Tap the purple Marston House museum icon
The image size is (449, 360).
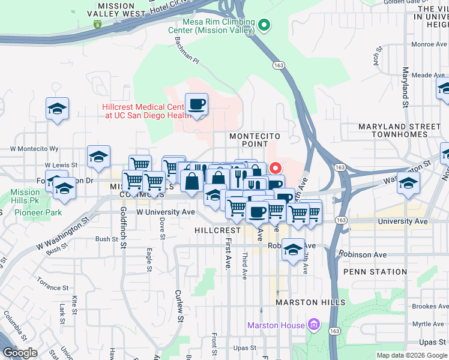pyautogui.click(x=312, y=325)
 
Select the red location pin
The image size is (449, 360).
pyautogui.click(x=276, y=169)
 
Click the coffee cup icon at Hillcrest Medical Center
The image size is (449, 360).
pyautogui.click(x=196, y=105)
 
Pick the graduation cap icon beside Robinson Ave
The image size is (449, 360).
pyautogui.click(x=293, y=250)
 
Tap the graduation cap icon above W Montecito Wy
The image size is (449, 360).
pyautogui.click(x=98, y=157)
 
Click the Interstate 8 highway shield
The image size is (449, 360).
pyautogui.click(x=97, y=24)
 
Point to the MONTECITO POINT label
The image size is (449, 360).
pyautogui.click(x=254, y=140)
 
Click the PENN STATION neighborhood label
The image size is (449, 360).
pyautogui.click(x=375, y=272)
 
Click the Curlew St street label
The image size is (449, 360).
pyautogui.click(x=178, y=305)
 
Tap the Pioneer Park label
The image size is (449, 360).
pyautogui.click(x=31, y=212)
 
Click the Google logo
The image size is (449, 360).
pyautogui.click(x=20, y=353)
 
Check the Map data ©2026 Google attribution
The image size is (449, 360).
pyautogui.click(x=412, y=355)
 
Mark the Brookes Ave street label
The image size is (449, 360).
pyautogui.click(x=430, y=305)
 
